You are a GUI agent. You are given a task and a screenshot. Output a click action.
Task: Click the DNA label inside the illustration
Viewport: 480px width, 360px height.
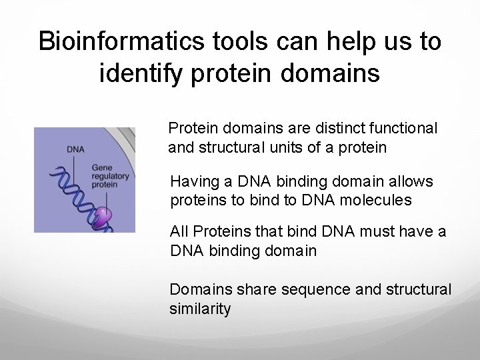click(75, 149)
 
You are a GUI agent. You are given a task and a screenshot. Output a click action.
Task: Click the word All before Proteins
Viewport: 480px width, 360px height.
click(179, 231)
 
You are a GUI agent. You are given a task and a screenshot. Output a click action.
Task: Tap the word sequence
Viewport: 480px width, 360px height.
click(311, 290)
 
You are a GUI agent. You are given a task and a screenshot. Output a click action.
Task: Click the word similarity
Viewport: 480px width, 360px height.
click(200, 309)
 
